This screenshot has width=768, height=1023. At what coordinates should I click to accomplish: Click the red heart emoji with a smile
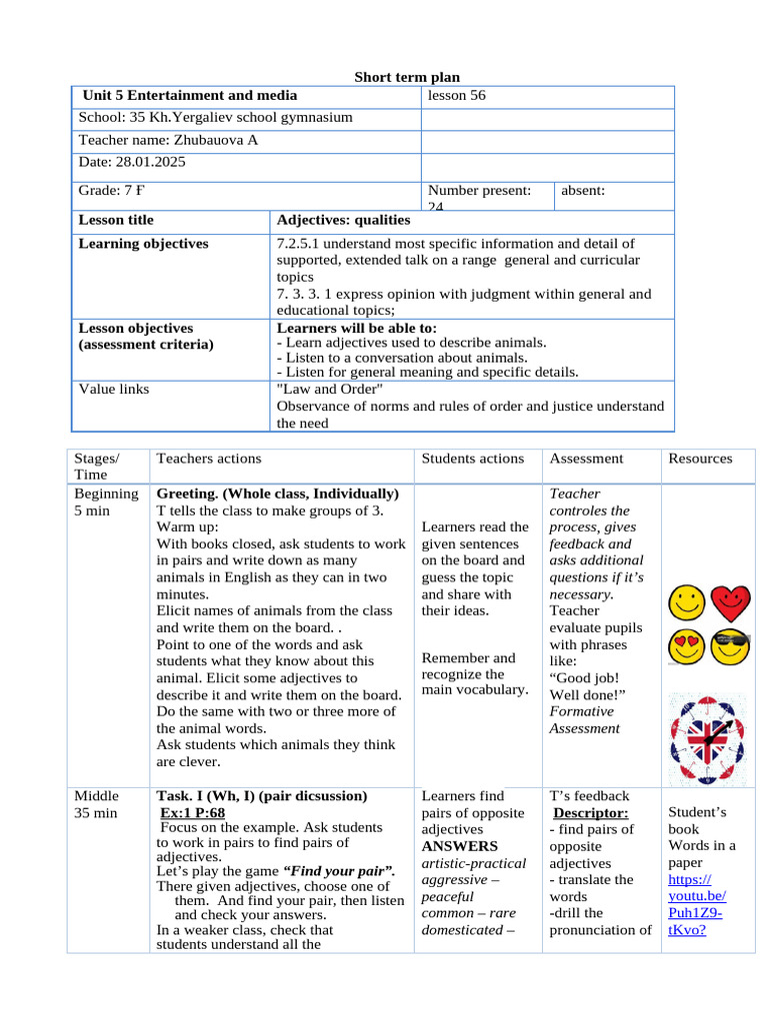(731, 602)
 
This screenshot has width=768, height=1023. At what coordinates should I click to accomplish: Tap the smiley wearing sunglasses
(731, 649)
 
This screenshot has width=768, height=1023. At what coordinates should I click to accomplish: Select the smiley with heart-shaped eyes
(685, 649)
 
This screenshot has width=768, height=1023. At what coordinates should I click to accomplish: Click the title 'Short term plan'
(408, 78)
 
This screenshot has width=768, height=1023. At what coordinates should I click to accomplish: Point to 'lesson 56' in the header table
(456, 96)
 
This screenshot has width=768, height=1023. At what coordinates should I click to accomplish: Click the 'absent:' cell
(583, 190)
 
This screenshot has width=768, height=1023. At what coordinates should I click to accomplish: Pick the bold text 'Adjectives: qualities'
(343, 220)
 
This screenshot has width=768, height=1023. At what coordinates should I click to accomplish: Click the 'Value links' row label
(114, 389)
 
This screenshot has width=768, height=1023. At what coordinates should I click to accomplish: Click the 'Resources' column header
(700, 459)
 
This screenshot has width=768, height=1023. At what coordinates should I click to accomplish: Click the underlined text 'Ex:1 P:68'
(192, 812)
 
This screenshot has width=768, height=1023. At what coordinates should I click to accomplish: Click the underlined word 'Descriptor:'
(590, 812)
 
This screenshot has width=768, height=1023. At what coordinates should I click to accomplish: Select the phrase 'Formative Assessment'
(584, 719)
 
